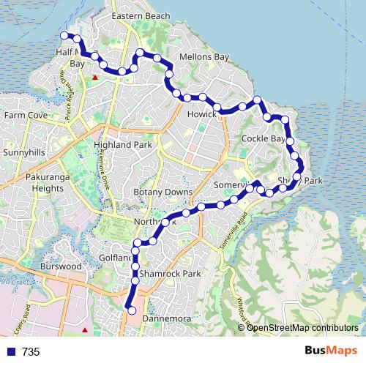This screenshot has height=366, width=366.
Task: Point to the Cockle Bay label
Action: click(x=263, y=138)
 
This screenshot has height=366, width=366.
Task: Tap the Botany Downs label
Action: click(x=163, y=192)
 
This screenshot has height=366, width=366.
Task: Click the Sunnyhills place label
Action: click(x=24, y=152)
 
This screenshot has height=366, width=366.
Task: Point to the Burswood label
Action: click(x=62, y=267)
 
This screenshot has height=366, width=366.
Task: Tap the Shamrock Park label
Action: click(x=171, y=274)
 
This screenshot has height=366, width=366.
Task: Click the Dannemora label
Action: click(x=166, y=319)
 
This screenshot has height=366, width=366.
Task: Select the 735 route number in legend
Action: click(x=31, y=352)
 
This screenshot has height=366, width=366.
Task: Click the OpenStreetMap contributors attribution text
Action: click(x=302, y=327)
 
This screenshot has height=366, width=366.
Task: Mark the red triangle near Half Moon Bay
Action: click(x=94, y=75)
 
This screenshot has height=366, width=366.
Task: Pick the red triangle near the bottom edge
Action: click(x=86, y=330)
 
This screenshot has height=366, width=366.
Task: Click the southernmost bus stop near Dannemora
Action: click(x=132, y=311)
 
